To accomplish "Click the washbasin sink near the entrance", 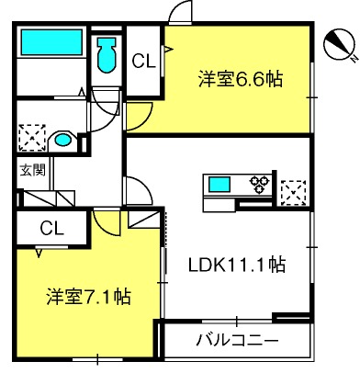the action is pyautogui.click(x=62, y=141).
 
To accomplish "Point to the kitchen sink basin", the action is pyautogui.click(x=219, y=185).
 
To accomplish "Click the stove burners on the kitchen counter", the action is pyautogui.click(x=260, y=185).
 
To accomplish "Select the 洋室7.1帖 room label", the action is pyautogui.click(x=89, y=296).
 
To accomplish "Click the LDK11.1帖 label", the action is pyautogui.click(x=237, y=265).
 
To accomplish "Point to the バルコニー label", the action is pyautogui.click(x=237, y=340).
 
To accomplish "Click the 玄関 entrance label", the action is pyautogui.click(x=33, y=170).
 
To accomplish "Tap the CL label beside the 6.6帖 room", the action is pyautogui.click(x=144, y=61).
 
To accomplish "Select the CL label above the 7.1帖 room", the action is pyautogui.click(x=52, y=228).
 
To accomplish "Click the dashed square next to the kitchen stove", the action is pyautogui.click(x=293, y=193).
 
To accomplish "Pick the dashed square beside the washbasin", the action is pyautogui.click(x=32, y=138).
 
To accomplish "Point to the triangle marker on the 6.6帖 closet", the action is pyautogui.click(x=169, y=49).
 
